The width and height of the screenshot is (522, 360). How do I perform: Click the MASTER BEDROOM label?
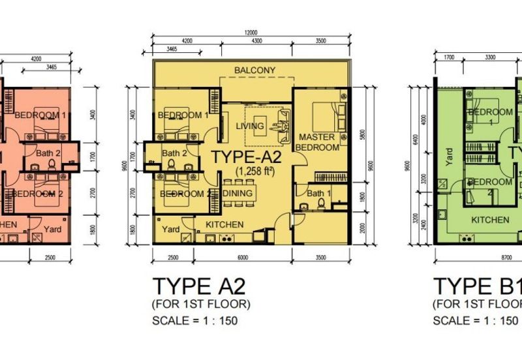coord(318,142)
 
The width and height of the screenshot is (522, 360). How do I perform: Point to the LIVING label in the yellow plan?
coord(251,126)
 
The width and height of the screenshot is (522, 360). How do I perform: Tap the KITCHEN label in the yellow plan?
coord(225,225)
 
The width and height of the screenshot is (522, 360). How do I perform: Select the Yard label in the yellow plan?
coord(171,229)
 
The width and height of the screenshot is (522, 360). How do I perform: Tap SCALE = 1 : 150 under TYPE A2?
coord(196,320)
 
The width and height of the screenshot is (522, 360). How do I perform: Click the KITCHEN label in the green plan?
coord(490,220)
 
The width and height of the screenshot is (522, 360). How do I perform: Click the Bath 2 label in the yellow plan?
coord(175,154)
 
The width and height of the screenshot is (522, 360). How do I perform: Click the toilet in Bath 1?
coord(320,204)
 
